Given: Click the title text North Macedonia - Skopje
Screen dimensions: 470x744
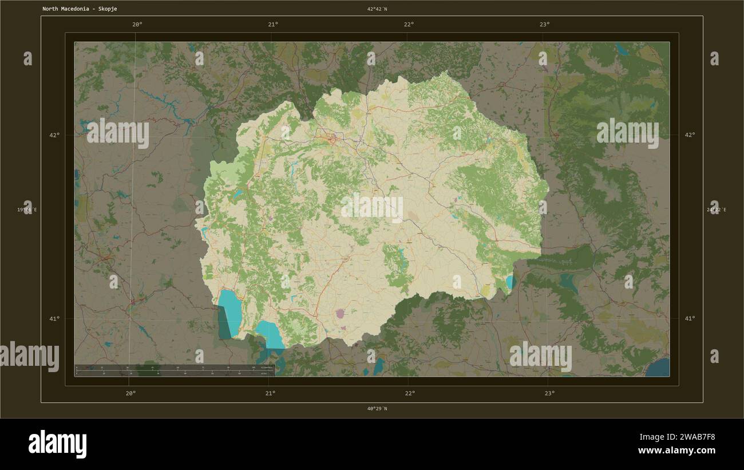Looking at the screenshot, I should click(x=80, y=9).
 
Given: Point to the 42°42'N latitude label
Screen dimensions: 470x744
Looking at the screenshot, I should click(x=377, y=9).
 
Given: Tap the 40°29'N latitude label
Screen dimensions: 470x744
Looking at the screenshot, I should click(x=377, y=409).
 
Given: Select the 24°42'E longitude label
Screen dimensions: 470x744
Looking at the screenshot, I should click(x=717, y=210).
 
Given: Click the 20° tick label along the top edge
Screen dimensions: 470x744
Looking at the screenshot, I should click(x=137, y=24).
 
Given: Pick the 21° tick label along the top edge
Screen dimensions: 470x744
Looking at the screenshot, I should click(x=273, y=24).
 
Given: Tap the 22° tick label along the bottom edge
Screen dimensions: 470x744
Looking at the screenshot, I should click(x=409, y=393).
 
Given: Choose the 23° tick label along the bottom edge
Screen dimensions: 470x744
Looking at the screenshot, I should click(x=549, y=393).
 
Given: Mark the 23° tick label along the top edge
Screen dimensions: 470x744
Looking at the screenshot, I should click(x=544, y=24).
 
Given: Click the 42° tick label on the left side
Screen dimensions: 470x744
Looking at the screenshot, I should click(x=54, y=135).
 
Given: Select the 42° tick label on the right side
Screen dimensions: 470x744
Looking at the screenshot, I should click(x=690, y=135).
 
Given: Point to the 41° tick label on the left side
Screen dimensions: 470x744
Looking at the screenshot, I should click(x=54, y=318).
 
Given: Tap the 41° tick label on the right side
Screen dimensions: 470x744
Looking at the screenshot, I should click(x=690, y=318).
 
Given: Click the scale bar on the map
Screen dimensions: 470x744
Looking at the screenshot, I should click(x=175, y=370).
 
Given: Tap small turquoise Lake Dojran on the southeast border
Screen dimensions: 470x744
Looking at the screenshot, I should click(x=509, y=282).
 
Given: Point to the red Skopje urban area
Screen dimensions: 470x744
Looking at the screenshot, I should click(x=331, y=137).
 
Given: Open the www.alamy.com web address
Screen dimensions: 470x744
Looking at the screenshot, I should click(x=676, y=451).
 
